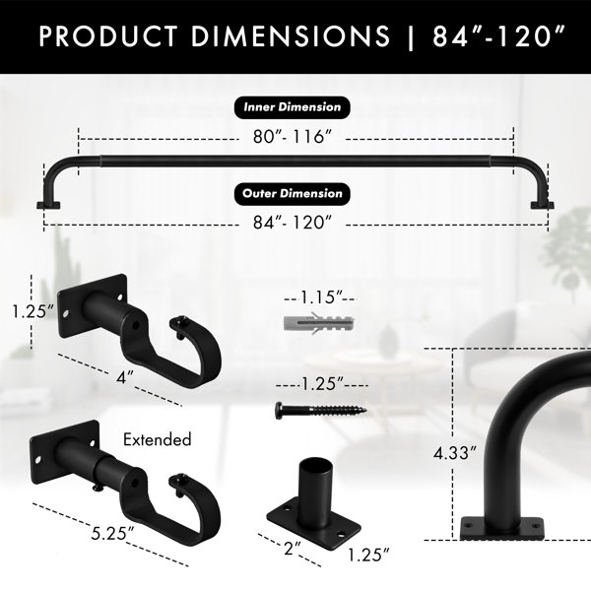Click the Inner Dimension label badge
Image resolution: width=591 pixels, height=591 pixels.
(x=293, y=107)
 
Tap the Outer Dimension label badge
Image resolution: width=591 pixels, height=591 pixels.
(x=293, y=194)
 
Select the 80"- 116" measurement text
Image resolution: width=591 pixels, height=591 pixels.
(x=293, y=137)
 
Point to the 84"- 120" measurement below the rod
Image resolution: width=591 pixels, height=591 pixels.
(x=293, y=223)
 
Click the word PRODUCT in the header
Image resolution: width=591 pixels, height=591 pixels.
(x=108, y=36)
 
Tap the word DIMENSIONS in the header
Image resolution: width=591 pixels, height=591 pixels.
(x=291, y=36)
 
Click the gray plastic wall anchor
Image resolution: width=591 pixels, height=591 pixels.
(x=319, y=322)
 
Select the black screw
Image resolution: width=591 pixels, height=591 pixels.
(x=321, y=410)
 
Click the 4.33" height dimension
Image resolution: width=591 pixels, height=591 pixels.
(x=455, y=453)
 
